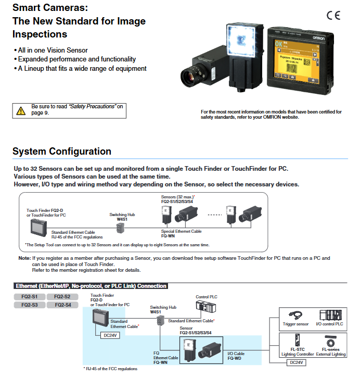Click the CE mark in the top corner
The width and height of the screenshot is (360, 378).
(333, 15)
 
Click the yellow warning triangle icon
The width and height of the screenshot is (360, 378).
(21, 110)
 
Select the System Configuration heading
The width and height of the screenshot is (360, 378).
(62, 152)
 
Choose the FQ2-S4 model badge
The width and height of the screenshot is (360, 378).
(63, 305)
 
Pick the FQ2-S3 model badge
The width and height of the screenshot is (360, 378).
(29, 305)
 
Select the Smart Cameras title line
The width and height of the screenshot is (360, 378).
(50, 8)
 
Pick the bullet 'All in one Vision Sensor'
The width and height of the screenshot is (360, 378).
(52, 51)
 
